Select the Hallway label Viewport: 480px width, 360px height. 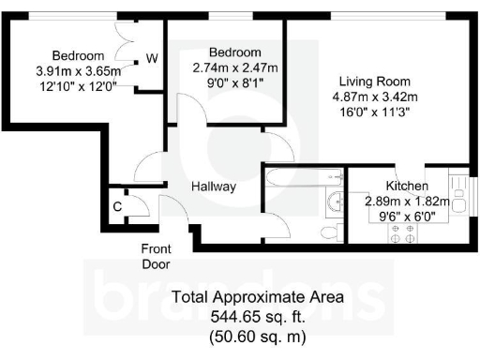coord(214,187)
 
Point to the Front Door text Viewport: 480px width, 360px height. coord(157,256)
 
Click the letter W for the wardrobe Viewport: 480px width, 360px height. coord(150,58)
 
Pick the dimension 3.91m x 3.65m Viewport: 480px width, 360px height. coord(78,70)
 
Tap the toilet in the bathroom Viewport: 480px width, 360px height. coord(330,232)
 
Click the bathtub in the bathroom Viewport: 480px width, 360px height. coord(305,176)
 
